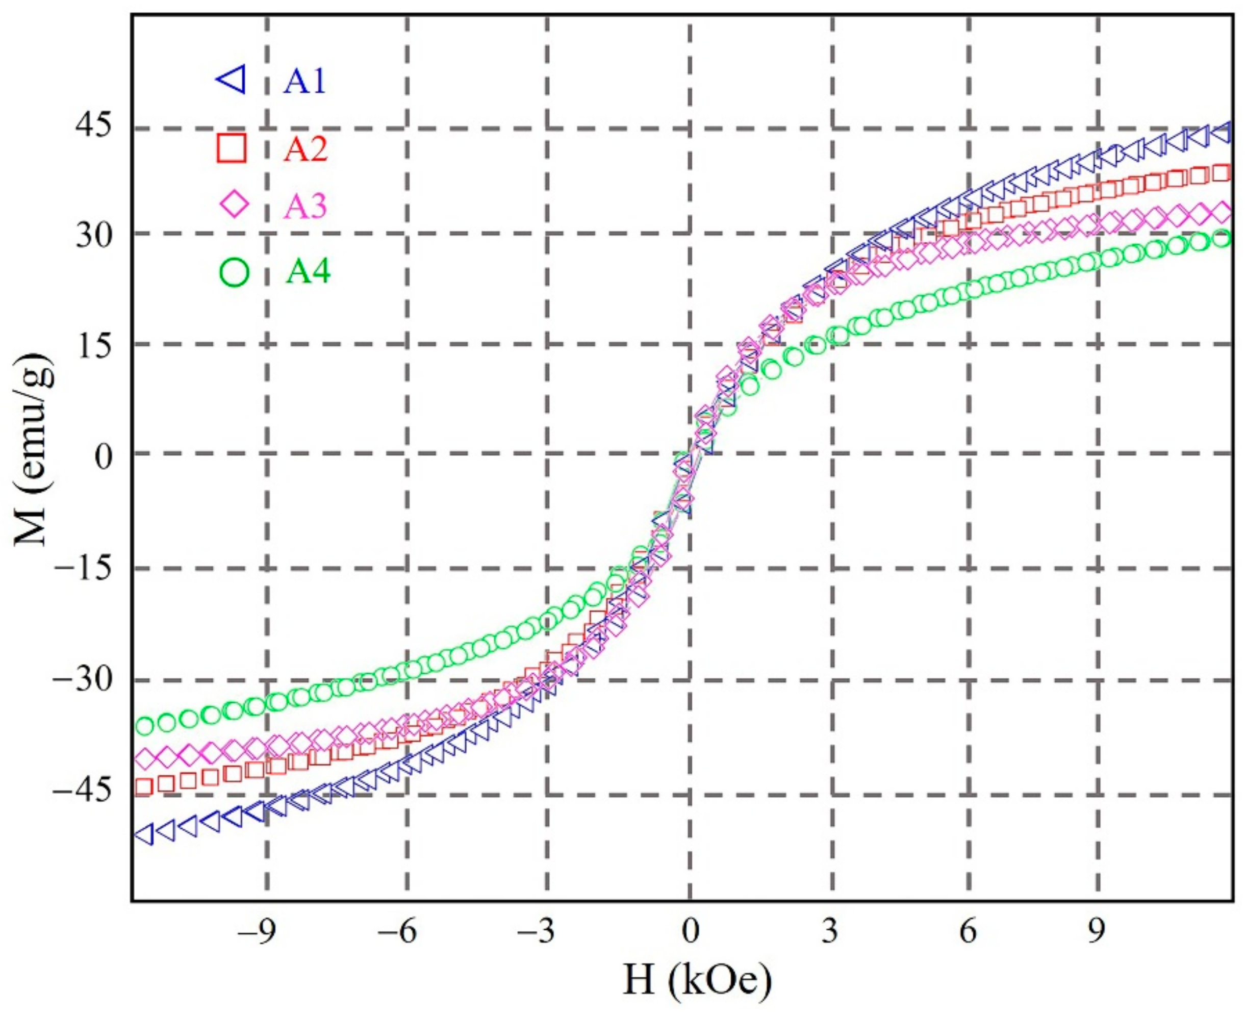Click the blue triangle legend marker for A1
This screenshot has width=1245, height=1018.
[x=232, y=81]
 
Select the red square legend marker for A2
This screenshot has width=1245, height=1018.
[x=232, y=148]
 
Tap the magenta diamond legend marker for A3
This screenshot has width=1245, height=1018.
[x=234, y=205]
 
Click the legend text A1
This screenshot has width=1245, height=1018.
[x=304, y=82]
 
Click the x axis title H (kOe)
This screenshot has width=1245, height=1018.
[x=697, y=982]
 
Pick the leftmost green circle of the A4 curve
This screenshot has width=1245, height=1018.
[x=144, y=726]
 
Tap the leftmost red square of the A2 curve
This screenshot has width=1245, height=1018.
[x=144, y=787]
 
